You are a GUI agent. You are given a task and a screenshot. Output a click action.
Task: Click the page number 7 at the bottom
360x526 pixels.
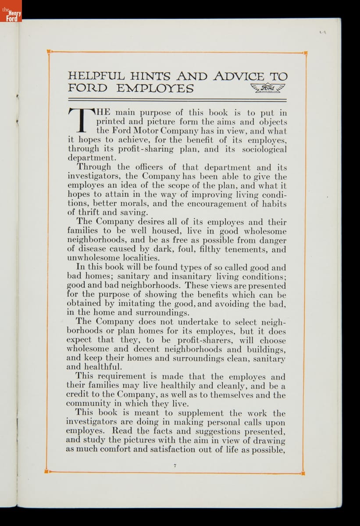(175, 466)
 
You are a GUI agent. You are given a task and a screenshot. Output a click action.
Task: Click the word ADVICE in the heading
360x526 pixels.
(239, 76)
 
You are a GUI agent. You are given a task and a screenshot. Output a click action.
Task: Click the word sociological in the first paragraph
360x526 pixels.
(262, 149)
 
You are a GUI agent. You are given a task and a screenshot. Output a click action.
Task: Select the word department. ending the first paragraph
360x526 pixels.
(92, 158)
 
